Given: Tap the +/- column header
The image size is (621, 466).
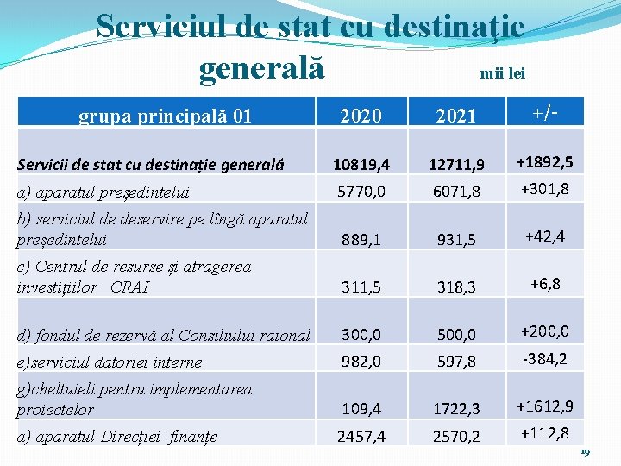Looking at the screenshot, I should tap(544, 111).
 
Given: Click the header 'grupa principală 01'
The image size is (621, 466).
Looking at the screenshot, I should tap(165, 114).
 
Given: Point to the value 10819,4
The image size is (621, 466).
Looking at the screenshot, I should tap(361, 164).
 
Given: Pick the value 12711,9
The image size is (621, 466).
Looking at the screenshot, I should tap(456, 164).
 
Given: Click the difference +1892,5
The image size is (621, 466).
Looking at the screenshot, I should tap(544, 161).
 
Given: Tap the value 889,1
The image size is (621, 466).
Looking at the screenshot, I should tap(361, 240).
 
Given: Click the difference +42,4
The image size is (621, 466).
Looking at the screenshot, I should tap(544, 236).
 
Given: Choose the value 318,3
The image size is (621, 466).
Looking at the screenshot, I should tap(456, 287).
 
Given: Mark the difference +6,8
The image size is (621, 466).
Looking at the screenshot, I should tap(544, 284).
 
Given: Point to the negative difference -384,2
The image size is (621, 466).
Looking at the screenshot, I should tap(544, 358).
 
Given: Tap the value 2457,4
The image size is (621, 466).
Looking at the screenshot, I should tap(361, 437).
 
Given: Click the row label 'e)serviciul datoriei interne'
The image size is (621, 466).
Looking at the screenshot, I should tap(110, 362).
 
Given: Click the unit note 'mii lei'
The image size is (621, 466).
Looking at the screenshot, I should tap(502, 73).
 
